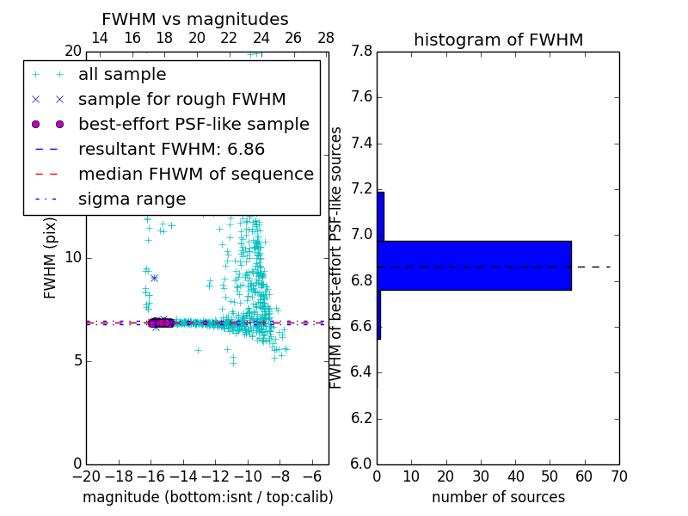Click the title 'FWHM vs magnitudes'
[x=195, y=20]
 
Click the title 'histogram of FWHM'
[x=498, y=40]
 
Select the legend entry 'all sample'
[x=122, y=75]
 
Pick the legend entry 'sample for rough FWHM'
[x=181, y=100]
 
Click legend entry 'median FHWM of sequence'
[x=195, y=175]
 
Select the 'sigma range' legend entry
[x=132, y=200]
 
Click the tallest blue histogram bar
[x=474, y=266]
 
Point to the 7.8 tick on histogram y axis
[x=362, y=52]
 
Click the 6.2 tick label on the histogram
[x=362, y=419]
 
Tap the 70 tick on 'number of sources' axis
[x=619, y=476]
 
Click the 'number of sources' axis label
[x=498, y=497]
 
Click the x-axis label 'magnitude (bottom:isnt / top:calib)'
[x=207, y=497]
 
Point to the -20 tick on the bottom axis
[x=86, y=476]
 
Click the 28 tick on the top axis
[x=326, y=38]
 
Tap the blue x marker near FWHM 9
[x=154, y=278]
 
